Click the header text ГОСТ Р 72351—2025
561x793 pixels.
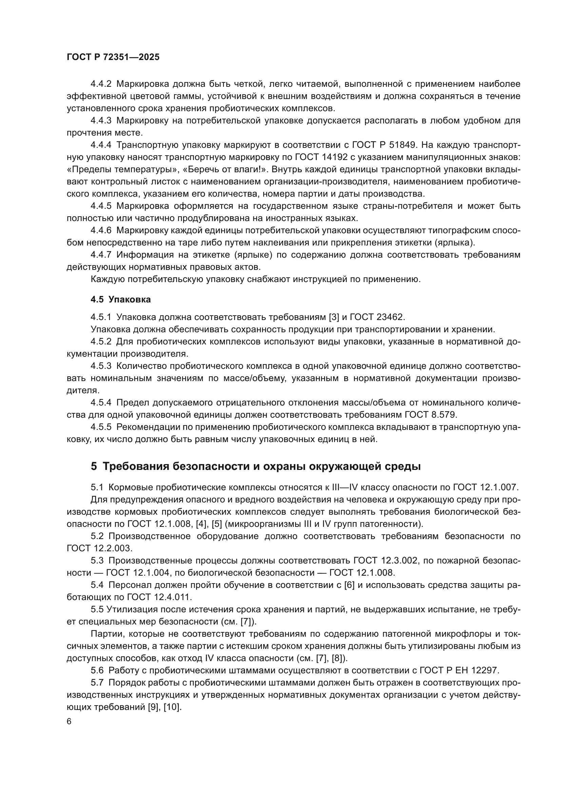point(113,57)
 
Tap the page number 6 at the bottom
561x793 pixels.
point(69,722)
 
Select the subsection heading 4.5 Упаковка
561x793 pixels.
point(120,299)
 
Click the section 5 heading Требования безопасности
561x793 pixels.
point(256,467)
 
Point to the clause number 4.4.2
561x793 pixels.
point(101,84)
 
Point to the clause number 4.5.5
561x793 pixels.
point(101,427)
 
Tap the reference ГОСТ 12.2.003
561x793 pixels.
point(99,549)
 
